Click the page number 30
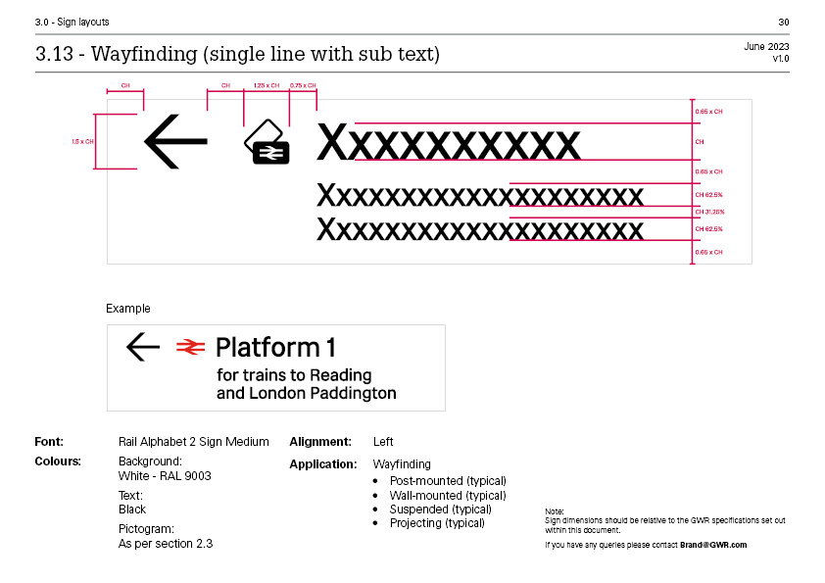coord(783,22)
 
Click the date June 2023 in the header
coord(766,47)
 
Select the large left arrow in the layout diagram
coord(175,142)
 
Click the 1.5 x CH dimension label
coord(82,142)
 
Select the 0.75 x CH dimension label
coord(303,86)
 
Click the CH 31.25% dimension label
coord(709,212)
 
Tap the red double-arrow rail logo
coord(190,346)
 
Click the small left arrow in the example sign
coord(143,346)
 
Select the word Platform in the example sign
coord(254,347)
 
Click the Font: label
coord(49,442)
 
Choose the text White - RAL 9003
coord(165,476)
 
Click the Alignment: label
coord(319,442)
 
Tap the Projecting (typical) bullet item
coord(437,523)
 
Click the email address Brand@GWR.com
coord(713,545)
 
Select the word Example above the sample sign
coord(128,309)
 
